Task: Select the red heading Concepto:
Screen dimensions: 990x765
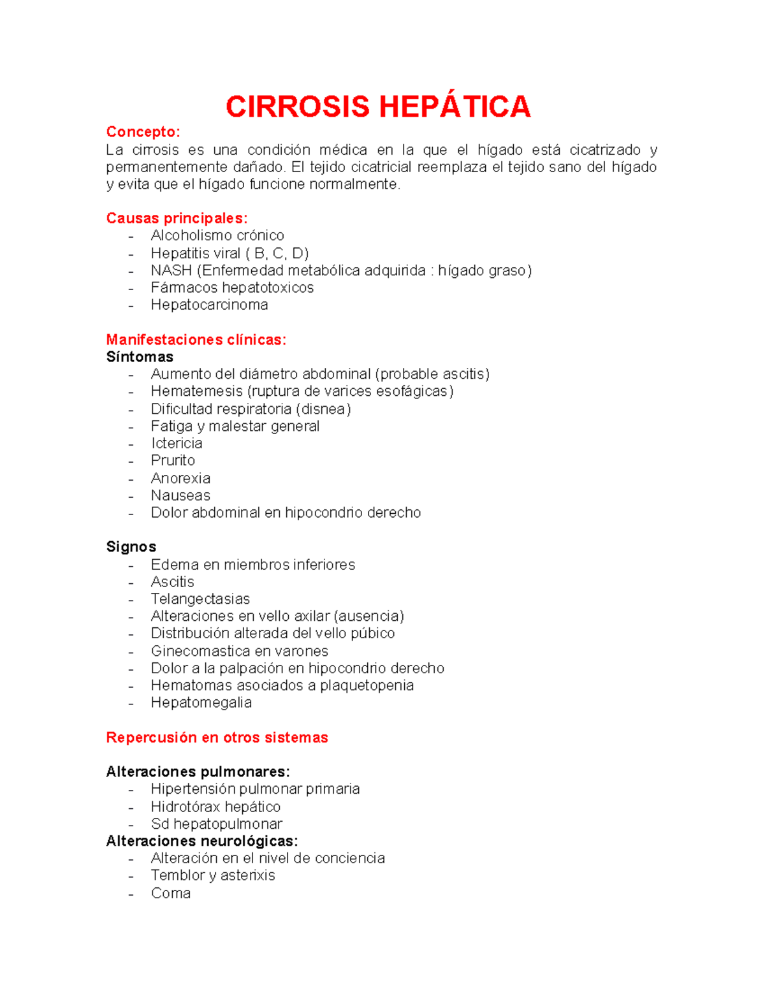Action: pos(143,132)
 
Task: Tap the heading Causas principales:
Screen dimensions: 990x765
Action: pos(177,218)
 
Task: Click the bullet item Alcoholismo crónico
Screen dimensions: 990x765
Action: pos(217,235)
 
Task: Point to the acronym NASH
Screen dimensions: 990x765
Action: pos(171,270)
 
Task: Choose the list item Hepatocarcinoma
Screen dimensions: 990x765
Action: pos(209,305)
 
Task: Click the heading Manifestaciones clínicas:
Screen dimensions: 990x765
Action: pos(196,340)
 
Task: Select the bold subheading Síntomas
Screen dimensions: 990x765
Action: pos(140,357)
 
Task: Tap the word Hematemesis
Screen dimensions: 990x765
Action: pos(196,391)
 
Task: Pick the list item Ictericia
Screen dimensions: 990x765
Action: pos(177,443)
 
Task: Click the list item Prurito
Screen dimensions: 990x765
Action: pos(173,460)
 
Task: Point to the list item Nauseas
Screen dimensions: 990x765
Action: pos(180,495)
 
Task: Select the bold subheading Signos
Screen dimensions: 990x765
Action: pos(131,547)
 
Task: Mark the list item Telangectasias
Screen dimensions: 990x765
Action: pos(200,599)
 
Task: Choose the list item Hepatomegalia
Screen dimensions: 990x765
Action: pos(201,702)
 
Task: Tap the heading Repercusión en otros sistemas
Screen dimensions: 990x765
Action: pos(217,738)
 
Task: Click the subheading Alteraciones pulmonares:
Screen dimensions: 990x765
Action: pos(198,772)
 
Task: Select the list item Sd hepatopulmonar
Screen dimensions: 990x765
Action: pos(217,824)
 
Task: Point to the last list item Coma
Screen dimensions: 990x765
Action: pos(171,893)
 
